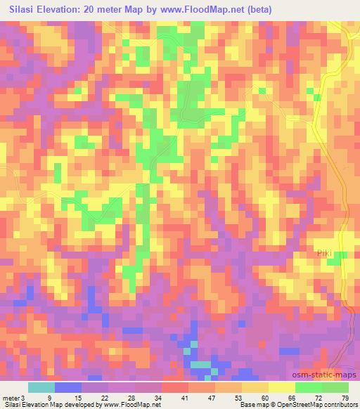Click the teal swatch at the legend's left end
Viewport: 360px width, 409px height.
click(x=41, y=387)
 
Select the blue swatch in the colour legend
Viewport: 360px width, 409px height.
click(x=67, y=387)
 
